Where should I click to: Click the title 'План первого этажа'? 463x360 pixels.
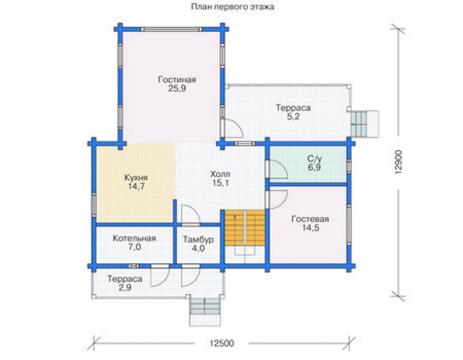[x=232, y=7]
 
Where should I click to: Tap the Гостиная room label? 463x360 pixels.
[x=177, y=80]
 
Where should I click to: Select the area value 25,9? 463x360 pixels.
[x=177, y=88]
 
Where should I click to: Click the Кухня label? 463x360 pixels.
[x=136, y=178]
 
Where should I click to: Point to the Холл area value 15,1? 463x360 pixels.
[x=220, y=183]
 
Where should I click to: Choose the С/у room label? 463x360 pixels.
[x=314, y=159]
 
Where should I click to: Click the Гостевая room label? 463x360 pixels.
[x=310, y=219]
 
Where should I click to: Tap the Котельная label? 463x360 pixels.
[x=134, y=238]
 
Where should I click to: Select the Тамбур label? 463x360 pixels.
[x=199, y=239]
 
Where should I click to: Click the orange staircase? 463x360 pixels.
[x=245, y=228]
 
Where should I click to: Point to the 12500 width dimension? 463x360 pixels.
[x=222, y=343]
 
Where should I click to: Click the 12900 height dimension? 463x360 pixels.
[x=399, y=161]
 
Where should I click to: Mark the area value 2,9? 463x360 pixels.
[x=125, y=288]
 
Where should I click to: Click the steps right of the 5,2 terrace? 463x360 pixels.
[x=364, y=124]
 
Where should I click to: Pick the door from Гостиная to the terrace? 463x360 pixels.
[x=232, y=127]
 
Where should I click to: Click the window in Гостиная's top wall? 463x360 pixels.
[x=171, y=29]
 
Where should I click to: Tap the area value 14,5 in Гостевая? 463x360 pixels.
[x=311, y=228]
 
